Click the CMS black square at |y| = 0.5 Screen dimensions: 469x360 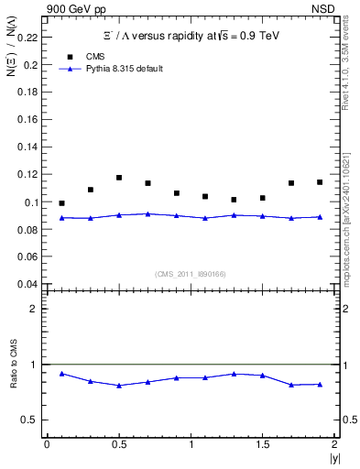pyautogui.click(x=119, y=178)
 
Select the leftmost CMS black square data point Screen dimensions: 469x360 pyautogui.click(x=61, y=203)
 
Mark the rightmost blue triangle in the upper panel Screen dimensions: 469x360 pyautogui.click(x=320, y=217)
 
